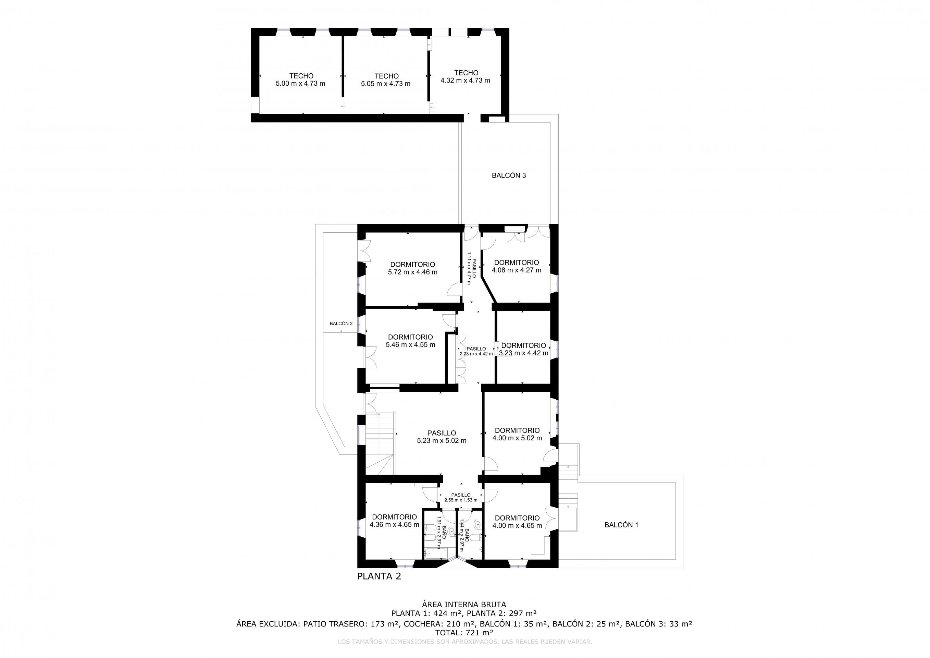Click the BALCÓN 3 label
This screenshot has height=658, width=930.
(509, 175)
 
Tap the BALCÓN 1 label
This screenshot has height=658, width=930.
(621, 525)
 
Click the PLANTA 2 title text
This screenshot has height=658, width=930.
(379, 576)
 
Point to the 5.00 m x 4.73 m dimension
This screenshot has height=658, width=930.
(300, 84)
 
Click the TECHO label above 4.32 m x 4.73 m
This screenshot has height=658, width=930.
(466, 73)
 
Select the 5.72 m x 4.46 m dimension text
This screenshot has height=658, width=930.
(412, 272)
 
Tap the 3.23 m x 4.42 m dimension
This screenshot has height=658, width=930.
(523, 353)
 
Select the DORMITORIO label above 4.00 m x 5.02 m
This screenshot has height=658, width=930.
(517, 430)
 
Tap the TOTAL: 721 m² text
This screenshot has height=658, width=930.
(464, 632)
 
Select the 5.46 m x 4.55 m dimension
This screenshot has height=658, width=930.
(410, 345)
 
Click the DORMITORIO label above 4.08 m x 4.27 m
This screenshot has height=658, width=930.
(517, 263)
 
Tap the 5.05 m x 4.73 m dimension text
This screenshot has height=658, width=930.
(386, 84)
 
